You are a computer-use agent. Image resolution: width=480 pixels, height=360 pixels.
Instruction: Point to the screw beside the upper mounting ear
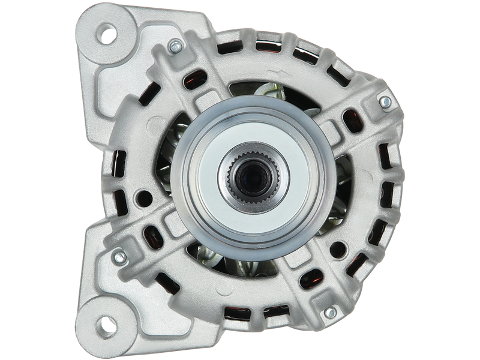[x=175, y=45]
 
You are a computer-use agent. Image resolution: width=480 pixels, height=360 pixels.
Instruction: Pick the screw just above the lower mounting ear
[x=119, y=256]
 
